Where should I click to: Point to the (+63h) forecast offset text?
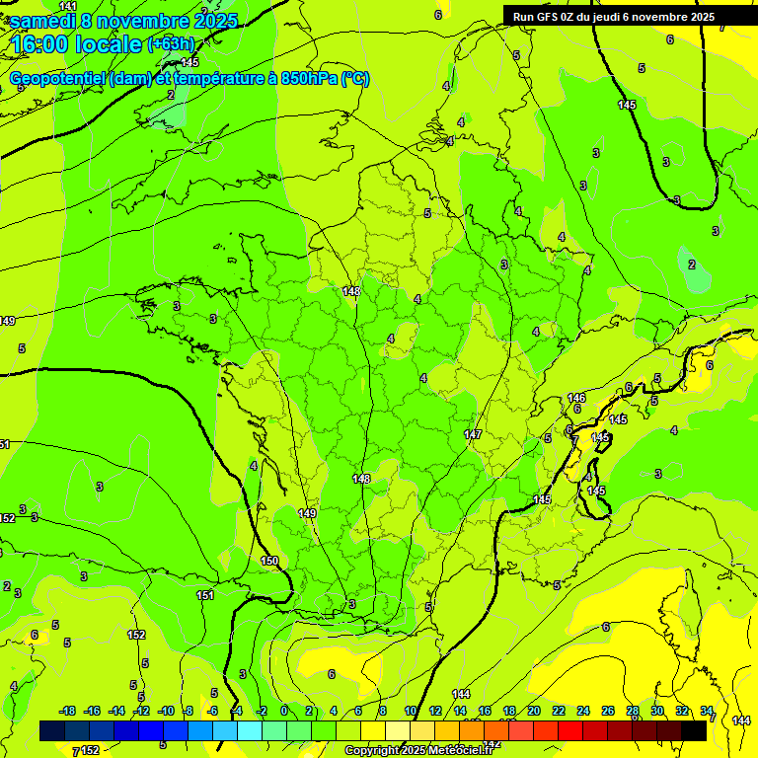coord(171,43)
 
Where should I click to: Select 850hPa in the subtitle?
coord(309,79)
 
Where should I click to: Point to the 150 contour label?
coord(269,561)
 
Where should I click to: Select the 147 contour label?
coord(473,434)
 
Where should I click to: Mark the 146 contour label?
coord(577,398)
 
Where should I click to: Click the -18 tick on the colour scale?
coord(67,711)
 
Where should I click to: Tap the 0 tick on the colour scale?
coord(284,711)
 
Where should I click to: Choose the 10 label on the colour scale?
coord(410,711)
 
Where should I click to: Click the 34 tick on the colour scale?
coord(707,711)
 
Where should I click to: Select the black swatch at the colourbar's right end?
coord(694,730)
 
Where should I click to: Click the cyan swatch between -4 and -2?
coord(250,730)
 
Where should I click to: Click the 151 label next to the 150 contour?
coord(205,595)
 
